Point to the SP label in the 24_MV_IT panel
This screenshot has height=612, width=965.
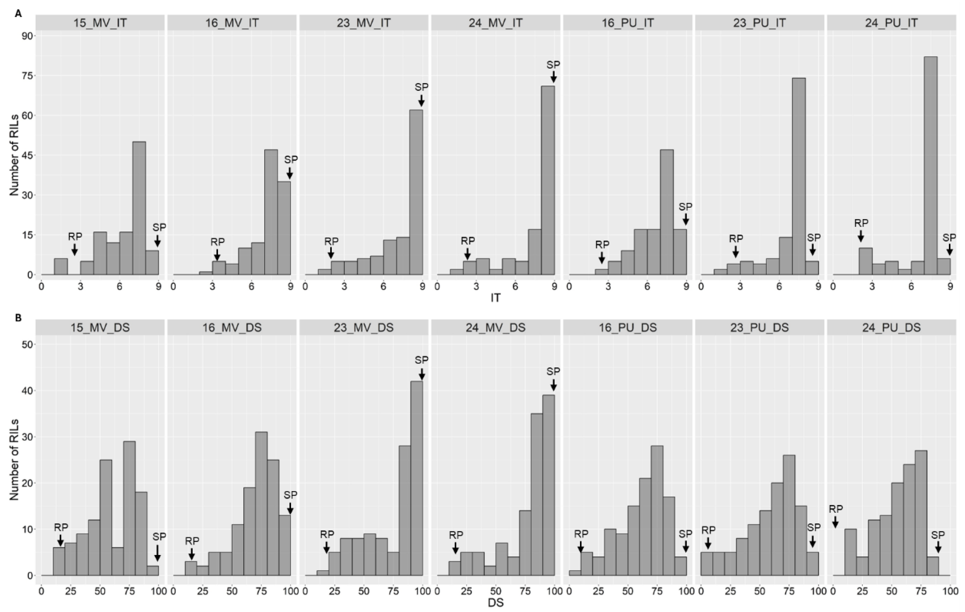point(553,64)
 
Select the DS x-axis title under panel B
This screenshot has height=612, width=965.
point(495,602)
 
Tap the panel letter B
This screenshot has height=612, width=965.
point(18,318)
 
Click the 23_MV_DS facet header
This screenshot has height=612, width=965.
point(363,328)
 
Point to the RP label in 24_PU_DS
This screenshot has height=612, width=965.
point(836,509)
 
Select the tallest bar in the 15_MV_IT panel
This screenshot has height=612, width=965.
point(139,208)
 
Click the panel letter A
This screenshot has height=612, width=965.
point(18,14)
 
